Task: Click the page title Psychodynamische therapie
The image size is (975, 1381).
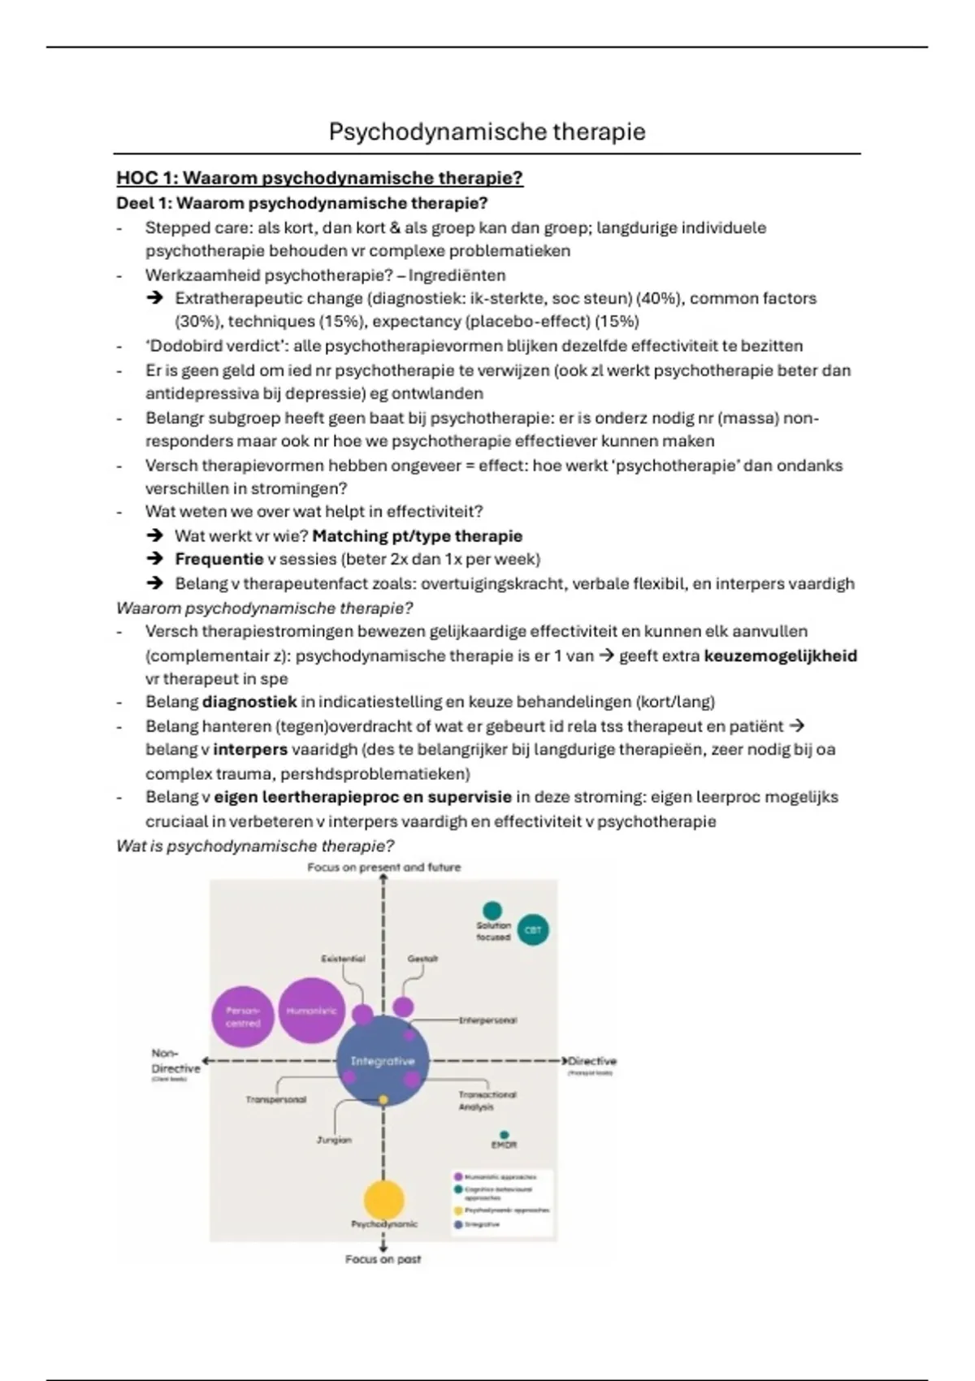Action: tap(487, 132)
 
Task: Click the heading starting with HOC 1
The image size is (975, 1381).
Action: tap(319, 178)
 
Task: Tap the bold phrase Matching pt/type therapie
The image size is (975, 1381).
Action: tap(417, 536)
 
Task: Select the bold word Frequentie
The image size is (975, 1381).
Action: tap(219, 559)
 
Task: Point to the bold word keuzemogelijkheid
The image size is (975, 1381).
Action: tap(780, 656)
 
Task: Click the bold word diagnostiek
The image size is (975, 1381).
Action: tap(249, 701)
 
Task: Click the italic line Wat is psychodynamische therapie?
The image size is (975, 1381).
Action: tap(255, 846)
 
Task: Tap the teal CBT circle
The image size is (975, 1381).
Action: tap(533, 930)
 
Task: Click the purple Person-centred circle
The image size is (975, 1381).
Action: tap(243, 1017)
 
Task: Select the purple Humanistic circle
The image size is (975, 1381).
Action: tap(311, 1011)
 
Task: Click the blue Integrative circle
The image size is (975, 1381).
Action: tap(382, 1061)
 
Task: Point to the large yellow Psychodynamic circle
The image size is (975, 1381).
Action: tap(383, 1200)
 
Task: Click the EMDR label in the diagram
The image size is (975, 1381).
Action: tap(504, 1145)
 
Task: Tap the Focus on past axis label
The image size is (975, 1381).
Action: tap(383, 1259)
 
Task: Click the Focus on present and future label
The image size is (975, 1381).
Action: tap(383, 868)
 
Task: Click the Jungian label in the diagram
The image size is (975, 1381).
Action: tap(334, 1140)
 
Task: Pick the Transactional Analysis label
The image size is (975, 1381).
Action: tap(487, 1101)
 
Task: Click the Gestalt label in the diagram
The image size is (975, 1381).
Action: tap(422, 959)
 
